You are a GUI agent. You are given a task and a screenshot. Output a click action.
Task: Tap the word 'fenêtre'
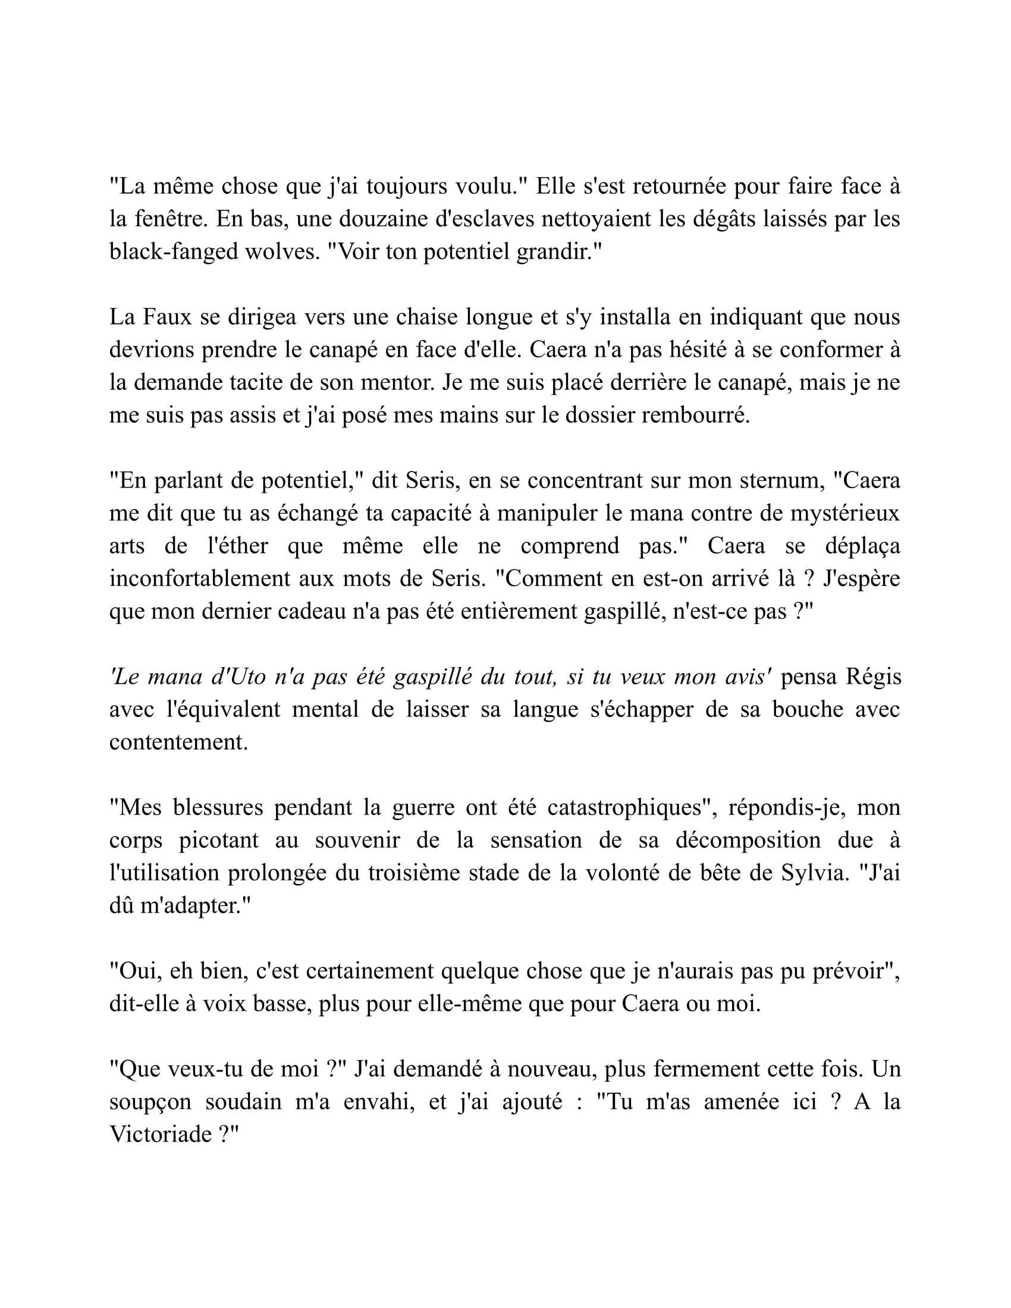click(170, 219)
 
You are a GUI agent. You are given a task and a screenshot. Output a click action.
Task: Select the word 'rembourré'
click(695, 415)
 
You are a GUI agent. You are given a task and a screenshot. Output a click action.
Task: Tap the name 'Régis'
click(872, 677)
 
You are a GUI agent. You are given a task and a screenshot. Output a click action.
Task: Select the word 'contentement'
click(178, 743)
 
